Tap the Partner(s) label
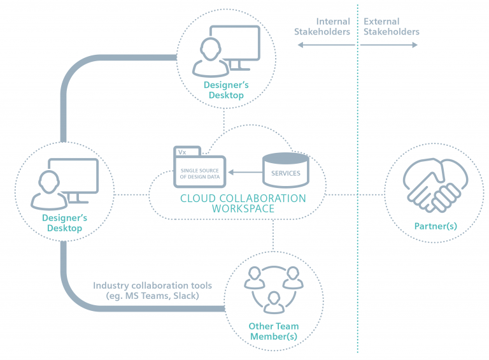pyautogui.click(x=436, y=226)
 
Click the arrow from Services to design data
pyautogui.click(x=245, y=172)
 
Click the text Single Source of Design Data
pyautogui.click(x=200, y=173)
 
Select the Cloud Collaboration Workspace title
pyautogui.click(x=243, y=203)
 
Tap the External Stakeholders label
pyautogui.click(x=391, y=27)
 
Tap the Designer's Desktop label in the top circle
pyautogui.click(x=223, y=90)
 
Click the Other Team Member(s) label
pyautogui.click(x=273, y=331)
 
